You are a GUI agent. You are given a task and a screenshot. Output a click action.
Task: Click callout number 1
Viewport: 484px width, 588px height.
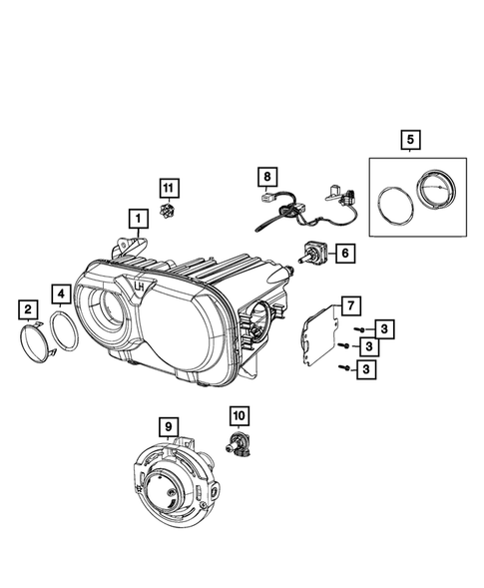(x=133, y=216)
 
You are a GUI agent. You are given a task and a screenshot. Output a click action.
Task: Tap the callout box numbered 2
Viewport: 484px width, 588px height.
(x=29, y=309)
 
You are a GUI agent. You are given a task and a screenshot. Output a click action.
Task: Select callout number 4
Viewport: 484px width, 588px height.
(x=62, y=294)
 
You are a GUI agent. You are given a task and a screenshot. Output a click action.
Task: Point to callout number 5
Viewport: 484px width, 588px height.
(x=409, y=141)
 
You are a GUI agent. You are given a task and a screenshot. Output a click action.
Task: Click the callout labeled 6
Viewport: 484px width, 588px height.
(x=342, y=255)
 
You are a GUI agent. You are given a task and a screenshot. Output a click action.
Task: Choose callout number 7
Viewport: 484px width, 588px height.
(x=347, y=304)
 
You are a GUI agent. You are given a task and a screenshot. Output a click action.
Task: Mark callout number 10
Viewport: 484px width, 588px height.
(x=240, y=414)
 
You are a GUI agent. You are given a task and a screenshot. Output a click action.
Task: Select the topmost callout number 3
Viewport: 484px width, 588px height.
(x=369, y=329)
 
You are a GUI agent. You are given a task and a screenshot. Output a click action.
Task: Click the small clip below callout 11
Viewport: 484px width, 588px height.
(x=169, y=212)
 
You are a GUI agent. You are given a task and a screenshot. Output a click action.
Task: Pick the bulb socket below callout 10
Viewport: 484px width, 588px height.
(x=242, y=448)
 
